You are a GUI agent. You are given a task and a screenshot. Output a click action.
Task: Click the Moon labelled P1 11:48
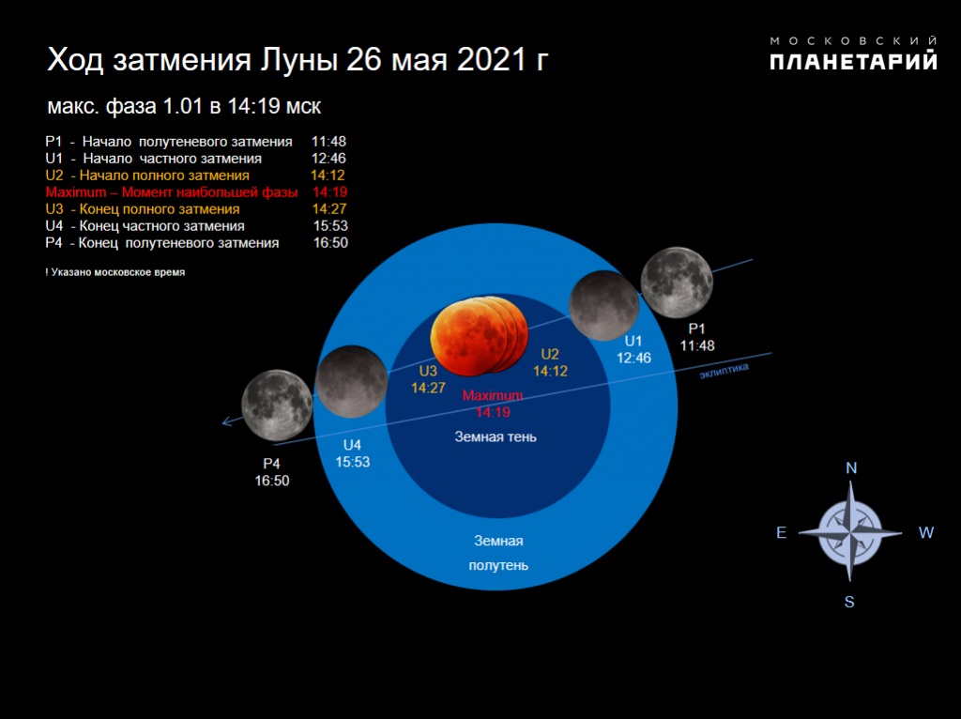(677, 283)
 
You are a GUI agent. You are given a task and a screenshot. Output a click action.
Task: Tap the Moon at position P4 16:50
(277, 405)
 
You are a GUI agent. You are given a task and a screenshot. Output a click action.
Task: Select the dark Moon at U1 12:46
(604, 305)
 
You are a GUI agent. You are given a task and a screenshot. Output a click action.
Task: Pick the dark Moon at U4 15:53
(352, 381)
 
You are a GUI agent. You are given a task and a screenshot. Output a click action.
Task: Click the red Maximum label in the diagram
(493, 396)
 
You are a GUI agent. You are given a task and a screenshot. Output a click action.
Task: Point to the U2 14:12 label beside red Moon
(550, 363)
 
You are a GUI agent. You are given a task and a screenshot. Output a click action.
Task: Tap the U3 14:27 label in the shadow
(428, 379)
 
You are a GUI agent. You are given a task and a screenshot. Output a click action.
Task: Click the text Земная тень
(496, 437)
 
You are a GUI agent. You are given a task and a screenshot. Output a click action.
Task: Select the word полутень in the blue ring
(498, 566)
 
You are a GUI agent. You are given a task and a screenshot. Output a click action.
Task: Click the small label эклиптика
(724, 371)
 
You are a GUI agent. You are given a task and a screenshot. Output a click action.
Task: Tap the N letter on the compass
(850, 468)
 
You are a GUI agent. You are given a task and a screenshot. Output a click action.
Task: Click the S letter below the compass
(848, 603)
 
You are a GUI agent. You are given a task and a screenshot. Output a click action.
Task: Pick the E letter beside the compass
(782, 532)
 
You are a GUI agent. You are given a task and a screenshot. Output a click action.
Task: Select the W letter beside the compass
(925, 532)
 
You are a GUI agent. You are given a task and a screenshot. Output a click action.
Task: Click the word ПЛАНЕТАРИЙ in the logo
(853, 61)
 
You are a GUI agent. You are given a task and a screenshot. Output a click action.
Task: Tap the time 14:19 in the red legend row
(329, 192)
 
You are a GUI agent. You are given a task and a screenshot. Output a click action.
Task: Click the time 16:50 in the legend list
(330, 243)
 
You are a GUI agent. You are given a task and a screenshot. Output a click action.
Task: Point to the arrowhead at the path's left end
(225, 421)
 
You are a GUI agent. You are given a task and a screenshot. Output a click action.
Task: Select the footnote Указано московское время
(117, 272)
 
